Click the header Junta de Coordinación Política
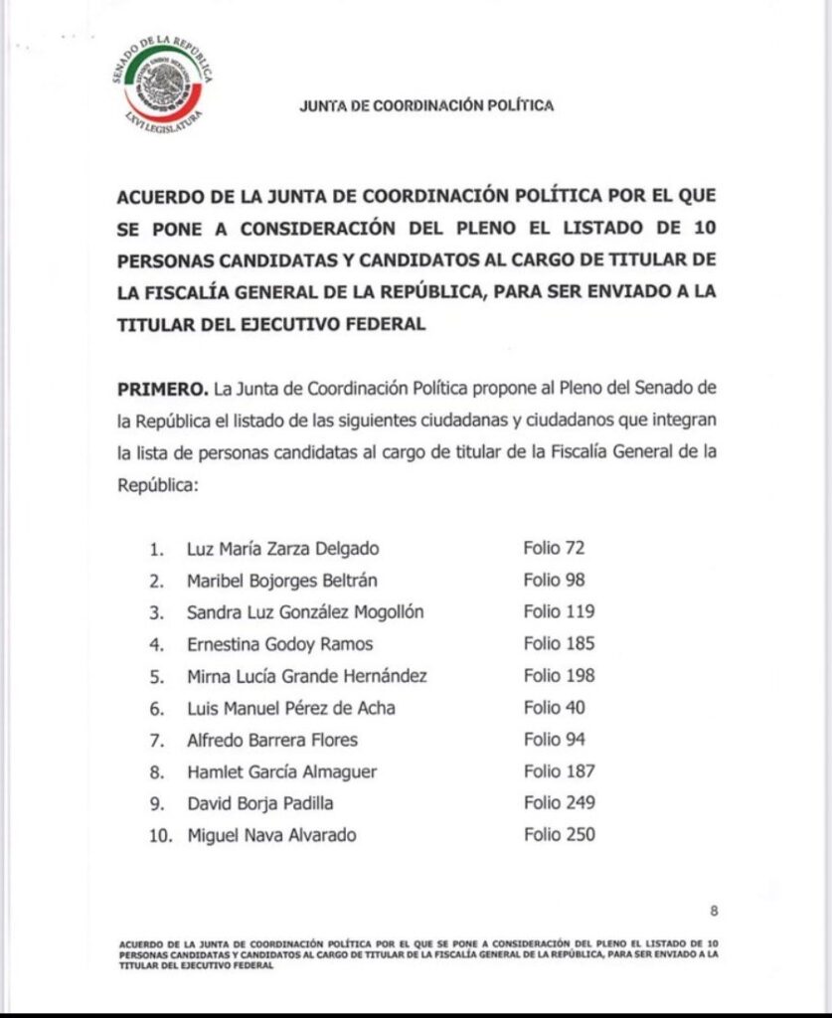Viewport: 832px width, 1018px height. coord(426,105)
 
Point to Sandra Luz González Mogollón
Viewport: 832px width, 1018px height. coord(305,611)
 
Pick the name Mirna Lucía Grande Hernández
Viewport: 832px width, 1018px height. coord(307,676)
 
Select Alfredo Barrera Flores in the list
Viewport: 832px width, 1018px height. coord(272,740)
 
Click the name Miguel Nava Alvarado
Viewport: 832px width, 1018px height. coord(271,835)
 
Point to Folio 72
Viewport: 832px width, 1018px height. coord(554,548)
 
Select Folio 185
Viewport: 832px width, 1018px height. coord(560,644)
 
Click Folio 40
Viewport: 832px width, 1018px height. coord(554,708)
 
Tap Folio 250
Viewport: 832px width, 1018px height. coord(560,835)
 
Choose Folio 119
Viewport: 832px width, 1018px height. coord(560,611)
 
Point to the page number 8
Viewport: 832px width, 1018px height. coord(714,910)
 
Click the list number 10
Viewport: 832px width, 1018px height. coord(160,835)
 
